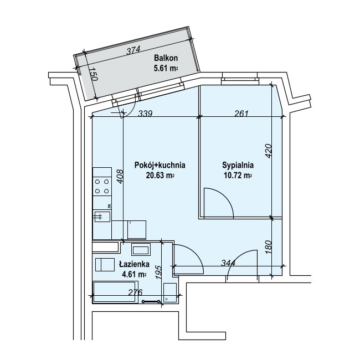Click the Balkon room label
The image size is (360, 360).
click(x=166, y=58)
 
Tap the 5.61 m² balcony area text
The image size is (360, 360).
click(x=166, y=68)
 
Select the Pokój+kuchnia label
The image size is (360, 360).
click(x=160, y=165)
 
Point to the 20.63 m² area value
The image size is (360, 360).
click(x=160, y=176)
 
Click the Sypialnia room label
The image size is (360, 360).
click(x=238, y=165)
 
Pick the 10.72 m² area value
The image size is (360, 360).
click(x=238, y=176)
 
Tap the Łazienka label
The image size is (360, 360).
click(x=134, y=264)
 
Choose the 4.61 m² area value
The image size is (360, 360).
click(x=134, y=274)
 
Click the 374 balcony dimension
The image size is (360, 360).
click(x=133, y=50)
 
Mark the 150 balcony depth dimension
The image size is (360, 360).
click(x=94, y=74)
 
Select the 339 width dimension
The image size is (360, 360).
click(x=145, y=114)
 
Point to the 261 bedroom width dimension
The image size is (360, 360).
click(x=241, y=114)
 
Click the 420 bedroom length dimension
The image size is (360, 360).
click(x=269, y=151)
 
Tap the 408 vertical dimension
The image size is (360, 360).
click(x=120, y=176)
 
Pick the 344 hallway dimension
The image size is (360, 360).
click(x=228, y=263)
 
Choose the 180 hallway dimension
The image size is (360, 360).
click(x=269, y=247)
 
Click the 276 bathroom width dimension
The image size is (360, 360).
click(x=135, y=292)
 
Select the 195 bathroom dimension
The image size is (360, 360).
click(x=158, y=272)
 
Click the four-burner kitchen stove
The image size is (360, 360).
click(x=102, y=186)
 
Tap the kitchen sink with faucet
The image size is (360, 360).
click(x=102, y=217)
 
